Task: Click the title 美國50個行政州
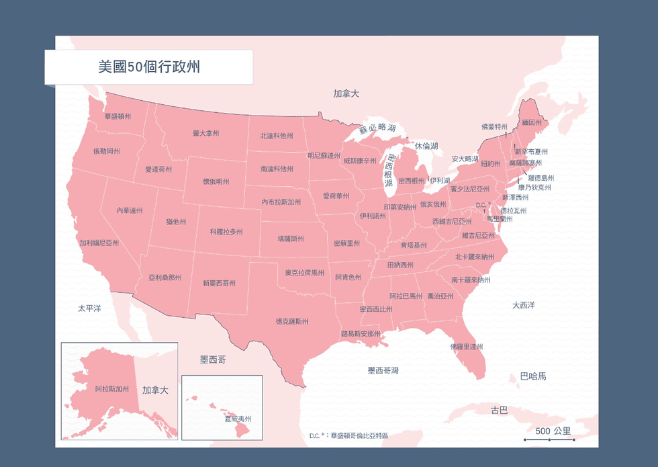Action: [148, 67]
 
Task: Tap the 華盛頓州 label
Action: [117, 116]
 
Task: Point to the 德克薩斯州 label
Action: [292, 321]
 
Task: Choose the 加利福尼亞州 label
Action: [99, 243]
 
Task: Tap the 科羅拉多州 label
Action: [226, 231]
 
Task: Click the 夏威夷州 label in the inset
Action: [237, 418]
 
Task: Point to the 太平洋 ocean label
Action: [89, 308]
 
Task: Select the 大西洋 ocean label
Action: [523, 305]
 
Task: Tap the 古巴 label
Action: [499, 409]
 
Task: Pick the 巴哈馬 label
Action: [533, 376]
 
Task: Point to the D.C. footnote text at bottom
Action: [348, 435]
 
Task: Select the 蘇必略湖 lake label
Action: [377, 127]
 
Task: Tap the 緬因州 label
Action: [531, 123]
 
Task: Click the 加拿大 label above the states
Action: [346, 94]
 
